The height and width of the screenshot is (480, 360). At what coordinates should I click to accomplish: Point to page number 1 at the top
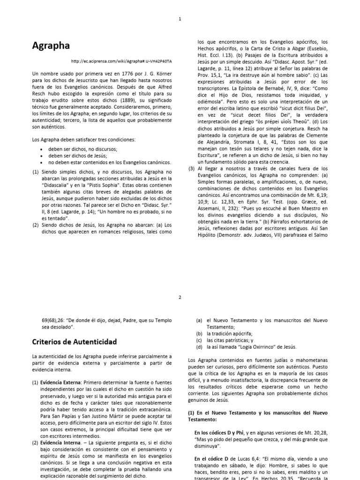(x=180, y=19)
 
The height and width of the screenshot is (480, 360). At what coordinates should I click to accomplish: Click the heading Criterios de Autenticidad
(x=75, y=341)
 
